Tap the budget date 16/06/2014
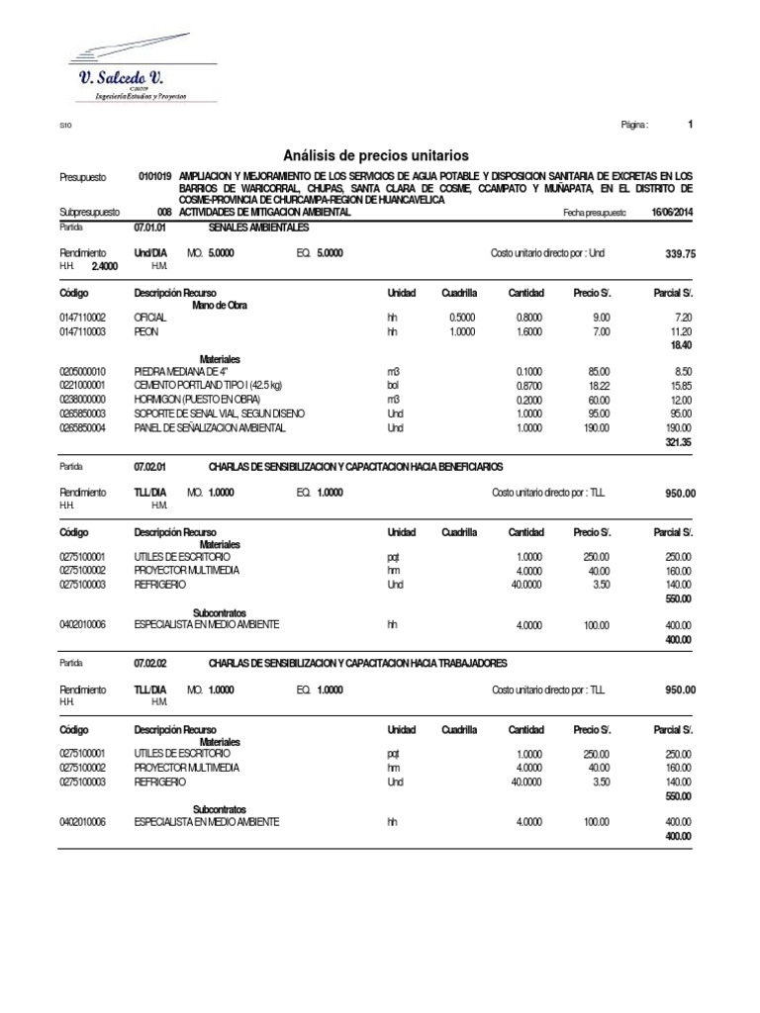[673, 213]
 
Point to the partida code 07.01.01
[150, 228]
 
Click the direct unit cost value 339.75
[681, 254]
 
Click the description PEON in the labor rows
[146, 332]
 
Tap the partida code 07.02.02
[150, 663]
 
